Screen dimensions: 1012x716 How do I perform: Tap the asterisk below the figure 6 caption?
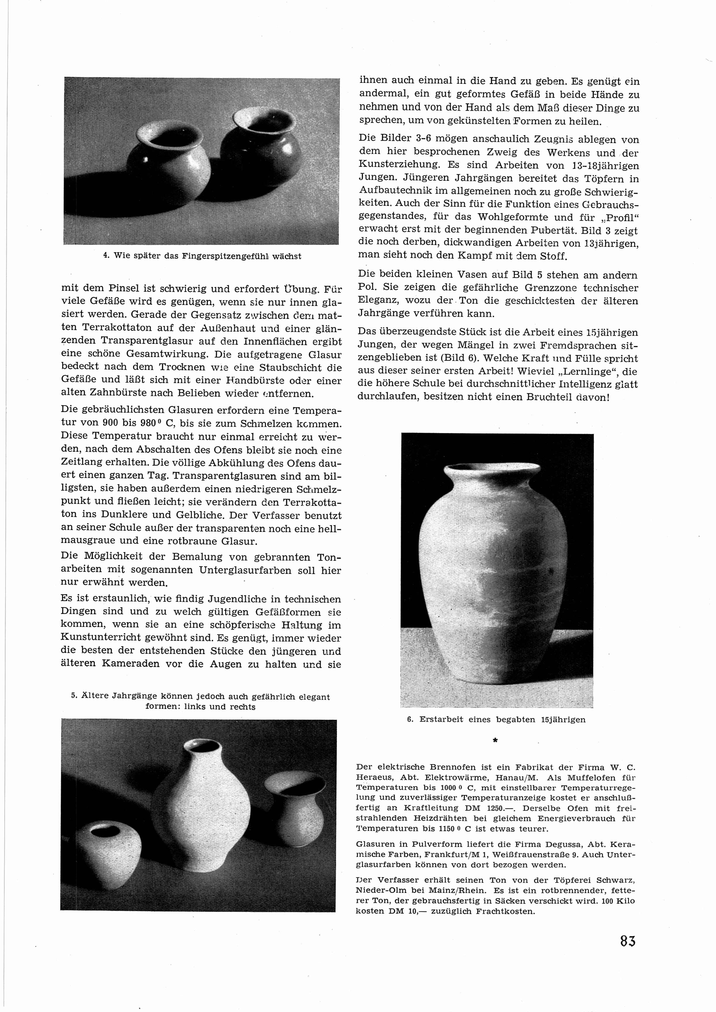coord(495,741)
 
